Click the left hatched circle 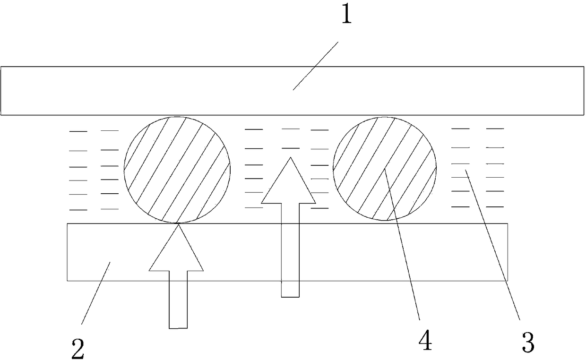pyautogui.click(x=177, y=169)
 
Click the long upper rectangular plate pyautogui.click(x=189, y=91)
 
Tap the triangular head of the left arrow pyautogui.click(x=177, y=250)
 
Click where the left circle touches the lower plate pyautogui.click(x=178, y=223)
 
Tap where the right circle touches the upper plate pyautogui.click(x=385, y=115)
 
